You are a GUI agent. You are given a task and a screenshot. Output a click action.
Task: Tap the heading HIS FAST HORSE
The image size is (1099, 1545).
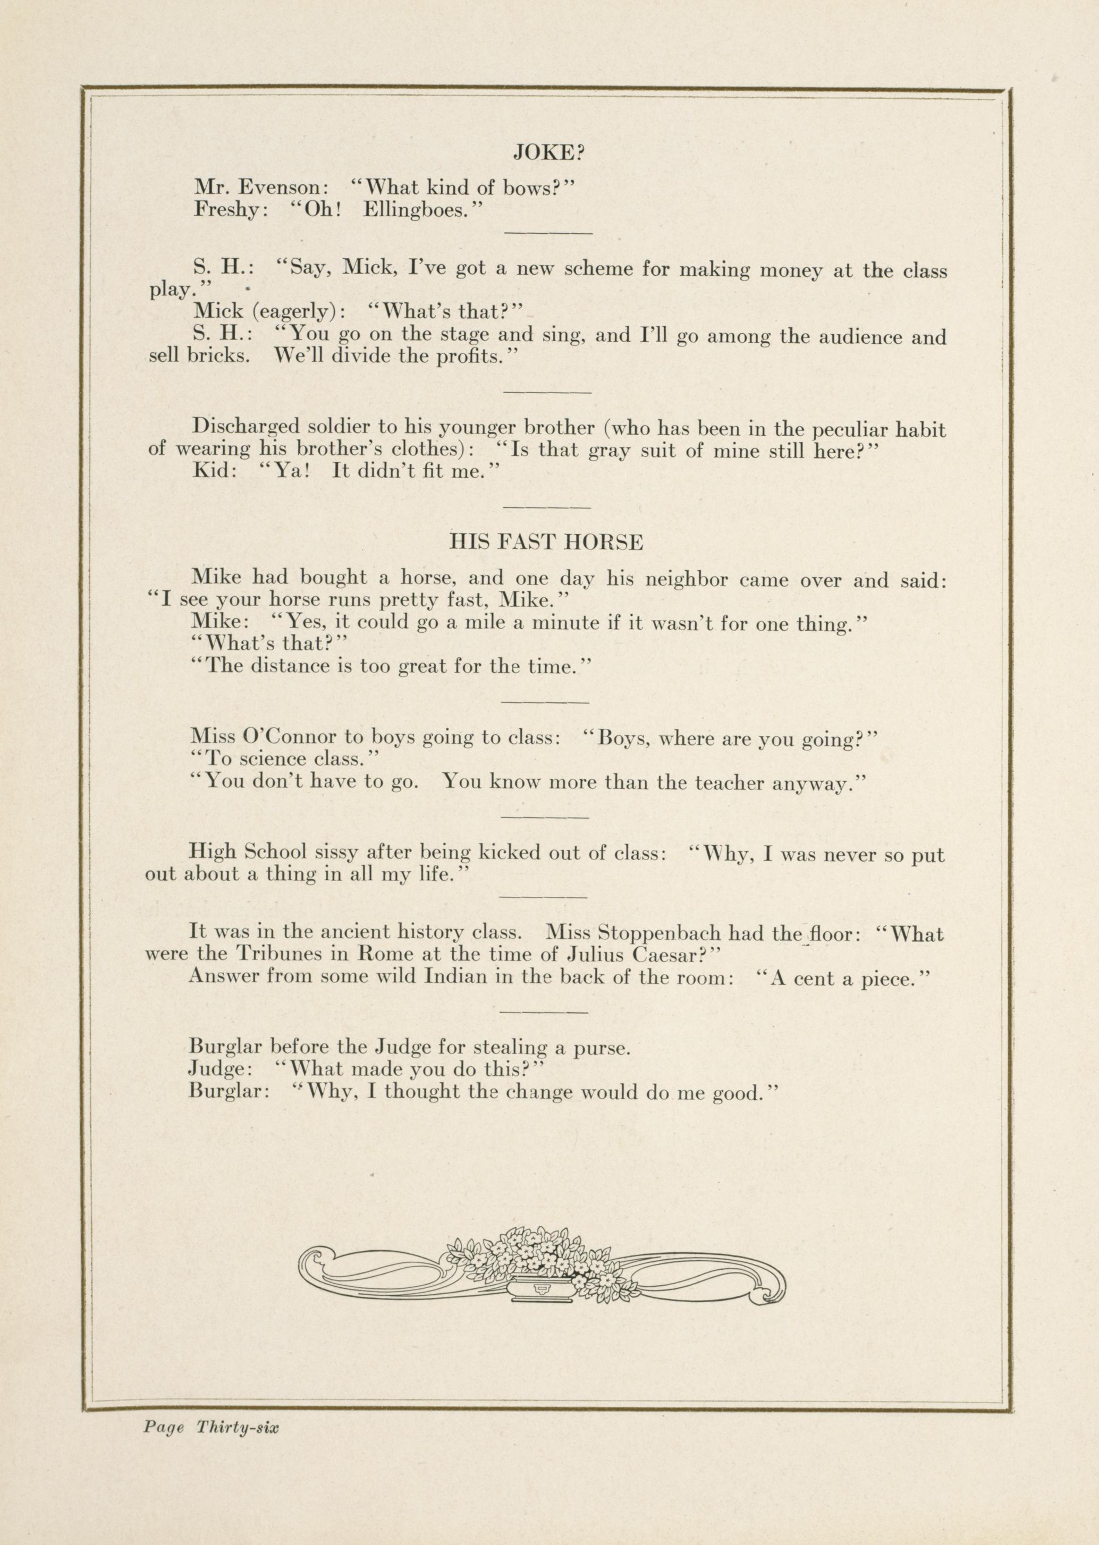pos(546,542)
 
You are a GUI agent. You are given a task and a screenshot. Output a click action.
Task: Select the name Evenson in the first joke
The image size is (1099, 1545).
pos(282,188)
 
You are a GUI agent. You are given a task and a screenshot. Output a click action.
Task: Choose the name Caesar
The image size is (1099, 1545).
pos(668,955)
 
